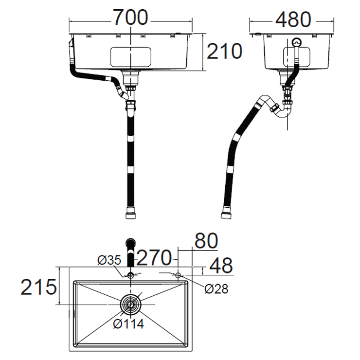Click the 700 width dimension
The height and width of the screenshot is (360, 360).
click(130, 17)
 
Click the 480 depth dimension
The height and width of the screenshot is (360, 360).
click(293, 19)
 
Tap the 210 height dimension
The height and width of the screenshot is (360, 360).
click(224, 51)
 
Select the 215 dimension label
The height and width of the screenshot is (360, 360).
click(38, 287)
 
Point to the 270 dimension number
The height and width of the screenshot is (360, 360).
click(154, 258)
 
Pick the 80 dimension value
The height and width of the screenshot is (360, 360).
click(206, 241)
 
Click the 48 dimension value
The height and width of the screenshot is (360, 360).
click(221, 266)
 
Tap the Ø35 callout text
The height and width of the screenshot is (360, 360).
click(109, 260)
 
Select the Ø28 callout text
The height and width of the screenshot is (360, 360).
click(216, 289)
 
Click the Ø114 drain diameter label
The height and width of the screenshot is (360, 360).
click(128, 324)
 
